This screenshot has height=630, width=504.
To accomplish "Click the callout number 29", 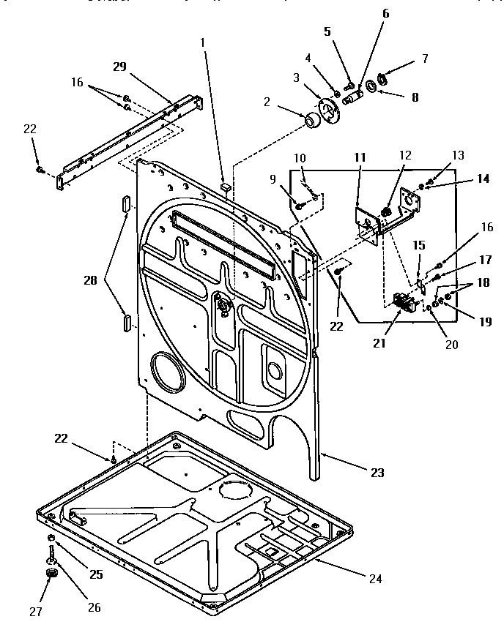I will (x=119, y=66).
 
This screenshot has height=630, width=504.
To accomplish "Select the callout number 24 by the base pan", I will (x=375, y=579).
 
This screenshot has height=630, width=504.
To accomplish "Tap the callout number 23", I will (x=377, y=473).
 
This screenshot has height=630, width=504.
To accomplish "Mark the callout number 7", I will (x=424, y=59).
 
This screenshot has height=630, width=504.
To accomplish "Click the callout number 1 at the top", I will (x=203, y=42).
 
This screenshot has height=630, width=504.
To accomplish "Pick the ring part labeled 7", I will (x=383, y=78).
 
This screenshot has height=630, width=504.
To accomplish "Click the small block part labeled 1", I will (x=225, y=187).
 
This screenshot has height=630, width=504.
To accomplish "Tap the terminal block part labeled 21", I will (x=401, y=300).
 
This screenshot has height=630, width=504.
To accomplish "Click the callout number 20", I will (x=451, y=343).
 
